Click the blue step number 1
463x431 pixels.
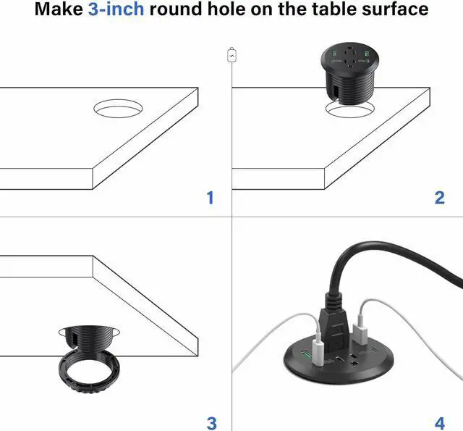[x=211, y=197]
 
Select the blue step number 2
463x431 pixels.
[x=439, y=197]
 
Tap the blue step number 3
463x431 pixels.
[x=211, y=422]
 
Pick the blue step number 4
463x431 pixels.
[x=439, y=422]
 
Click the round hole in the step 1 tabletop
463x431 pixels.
[x=117, y=109]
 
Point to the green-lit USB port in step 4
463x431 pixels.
[x=306, y=356]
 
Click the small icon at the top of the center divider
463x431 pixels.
[x=231, y=53]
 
